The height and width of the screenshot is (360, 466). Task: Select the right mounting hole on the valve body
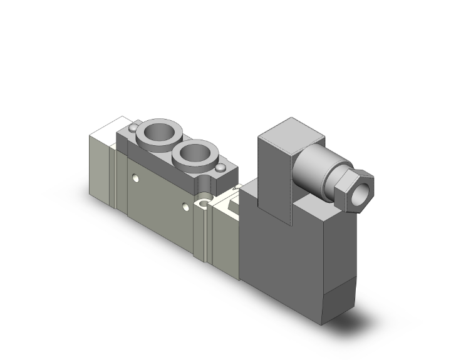(x=184, y=206)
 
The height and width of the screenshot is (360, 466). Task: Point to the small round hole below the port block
(x=202, y=202)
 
